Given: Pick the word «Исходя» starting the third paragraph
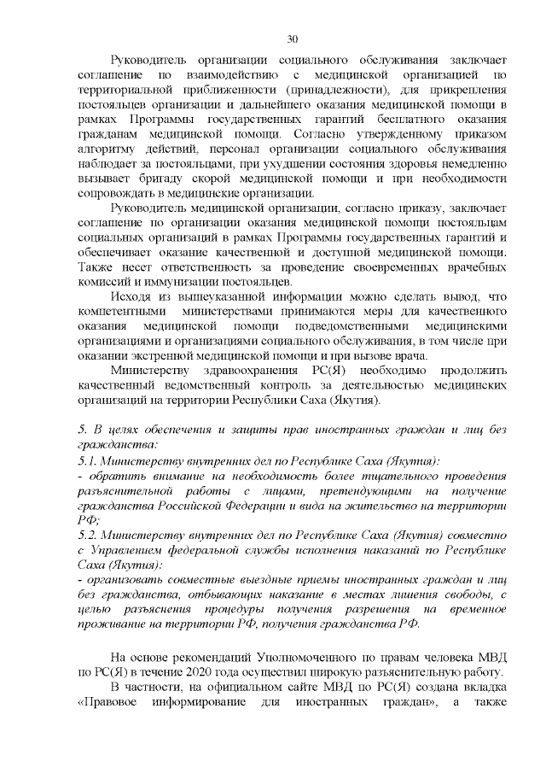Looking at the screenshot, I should click(131, 296).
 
